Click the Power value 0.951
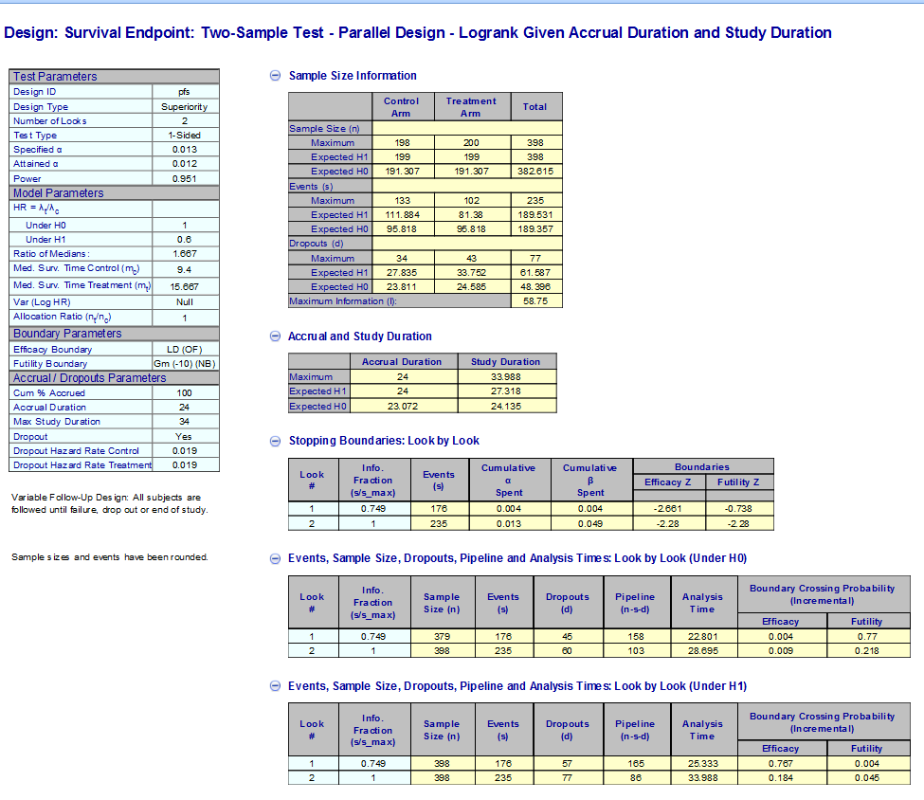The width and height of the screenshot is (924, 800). point(185,178)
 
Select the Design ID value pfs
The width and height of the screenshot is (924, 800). point(185,92)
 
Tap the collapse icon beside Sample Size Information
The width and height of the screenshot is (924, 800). point(276,76)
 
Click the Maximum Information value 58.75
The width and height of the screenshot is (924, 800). point(535,301)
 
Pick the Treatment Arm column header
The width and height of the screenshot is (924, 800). point(471,107)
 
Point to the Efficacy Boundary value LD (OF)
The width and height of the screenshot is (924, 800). point(185,350)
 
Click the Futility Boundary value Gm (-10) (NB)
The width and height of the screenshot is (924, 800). point(185,364)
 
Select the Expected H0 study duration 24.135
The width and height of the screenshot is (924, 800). point(505,407)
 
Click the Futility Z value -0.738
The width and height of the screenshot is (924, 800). point(738,508)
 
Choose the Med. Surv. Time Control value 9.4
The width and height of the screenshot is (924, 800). point(185,269)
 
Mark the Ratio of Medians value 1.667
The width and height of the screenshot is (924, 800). point(185,254)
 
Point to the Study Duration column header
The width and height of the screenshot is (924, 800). point(505,362)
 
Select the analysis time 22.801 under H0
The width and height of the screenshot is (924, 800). point(701,637)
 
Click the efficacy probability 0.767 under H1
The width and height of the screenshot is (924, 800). point(780,763)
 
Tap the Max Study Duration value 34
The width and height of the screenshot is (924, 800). point(185,422)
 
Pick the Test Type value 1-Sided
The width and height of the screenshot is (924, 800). point(185,136)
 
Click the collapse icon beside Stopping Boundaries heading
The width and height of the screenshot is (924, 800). point(276,441)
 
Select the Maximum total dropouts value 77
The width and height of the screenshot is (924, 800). point(535,258)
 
